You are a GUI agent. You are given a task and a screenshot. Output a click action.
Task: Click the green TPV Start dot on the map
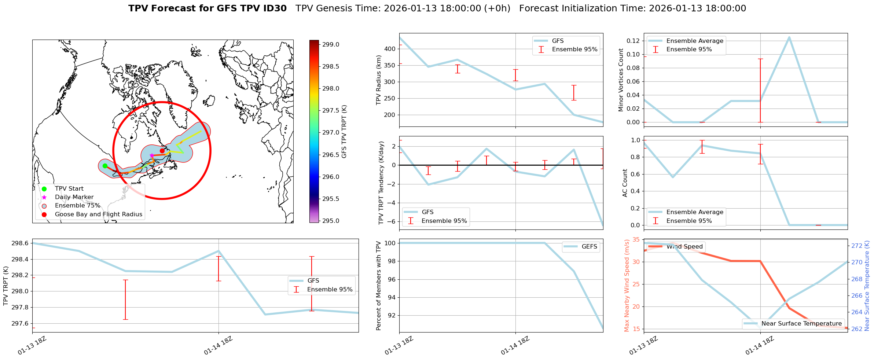(x=105, y=166)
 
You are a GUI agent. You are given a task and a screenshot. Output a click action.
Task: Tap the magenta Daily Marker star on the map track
(x=152, y=156)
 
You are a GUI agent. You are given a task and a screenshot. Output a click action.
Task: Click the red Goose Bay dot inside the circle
(x=162, y=151)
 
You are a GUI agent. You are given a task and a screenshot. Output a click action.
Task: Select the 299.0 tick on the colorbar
(x=331, y=44)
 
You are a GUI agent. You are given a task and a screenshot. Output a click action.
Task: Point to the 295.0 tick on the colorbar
(x=331, y=221)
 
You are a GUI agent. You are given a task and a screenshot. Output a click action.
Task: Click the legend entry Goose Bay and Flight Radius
(x=98, y=214)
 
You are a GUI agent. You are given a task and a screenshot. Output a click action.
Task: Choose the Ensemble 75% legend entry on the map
(x=77, y=206)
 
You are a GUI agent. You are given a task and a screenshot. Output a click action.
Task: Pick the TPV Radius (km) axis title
(x=379, y=80)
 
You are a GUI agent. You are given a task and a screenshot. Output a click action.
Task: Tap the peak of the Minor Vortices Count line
(x=789, y=37)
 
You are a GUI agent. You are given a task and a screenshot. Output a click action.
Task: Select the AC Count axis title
(x=625, y=183)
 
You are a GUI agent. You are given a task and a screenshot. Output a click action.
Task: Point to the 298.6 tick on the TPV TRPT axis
(x=20, y=243)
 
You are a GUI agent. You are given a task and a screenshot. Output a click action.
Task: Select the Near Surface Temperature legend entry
(x=801, y=324)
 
